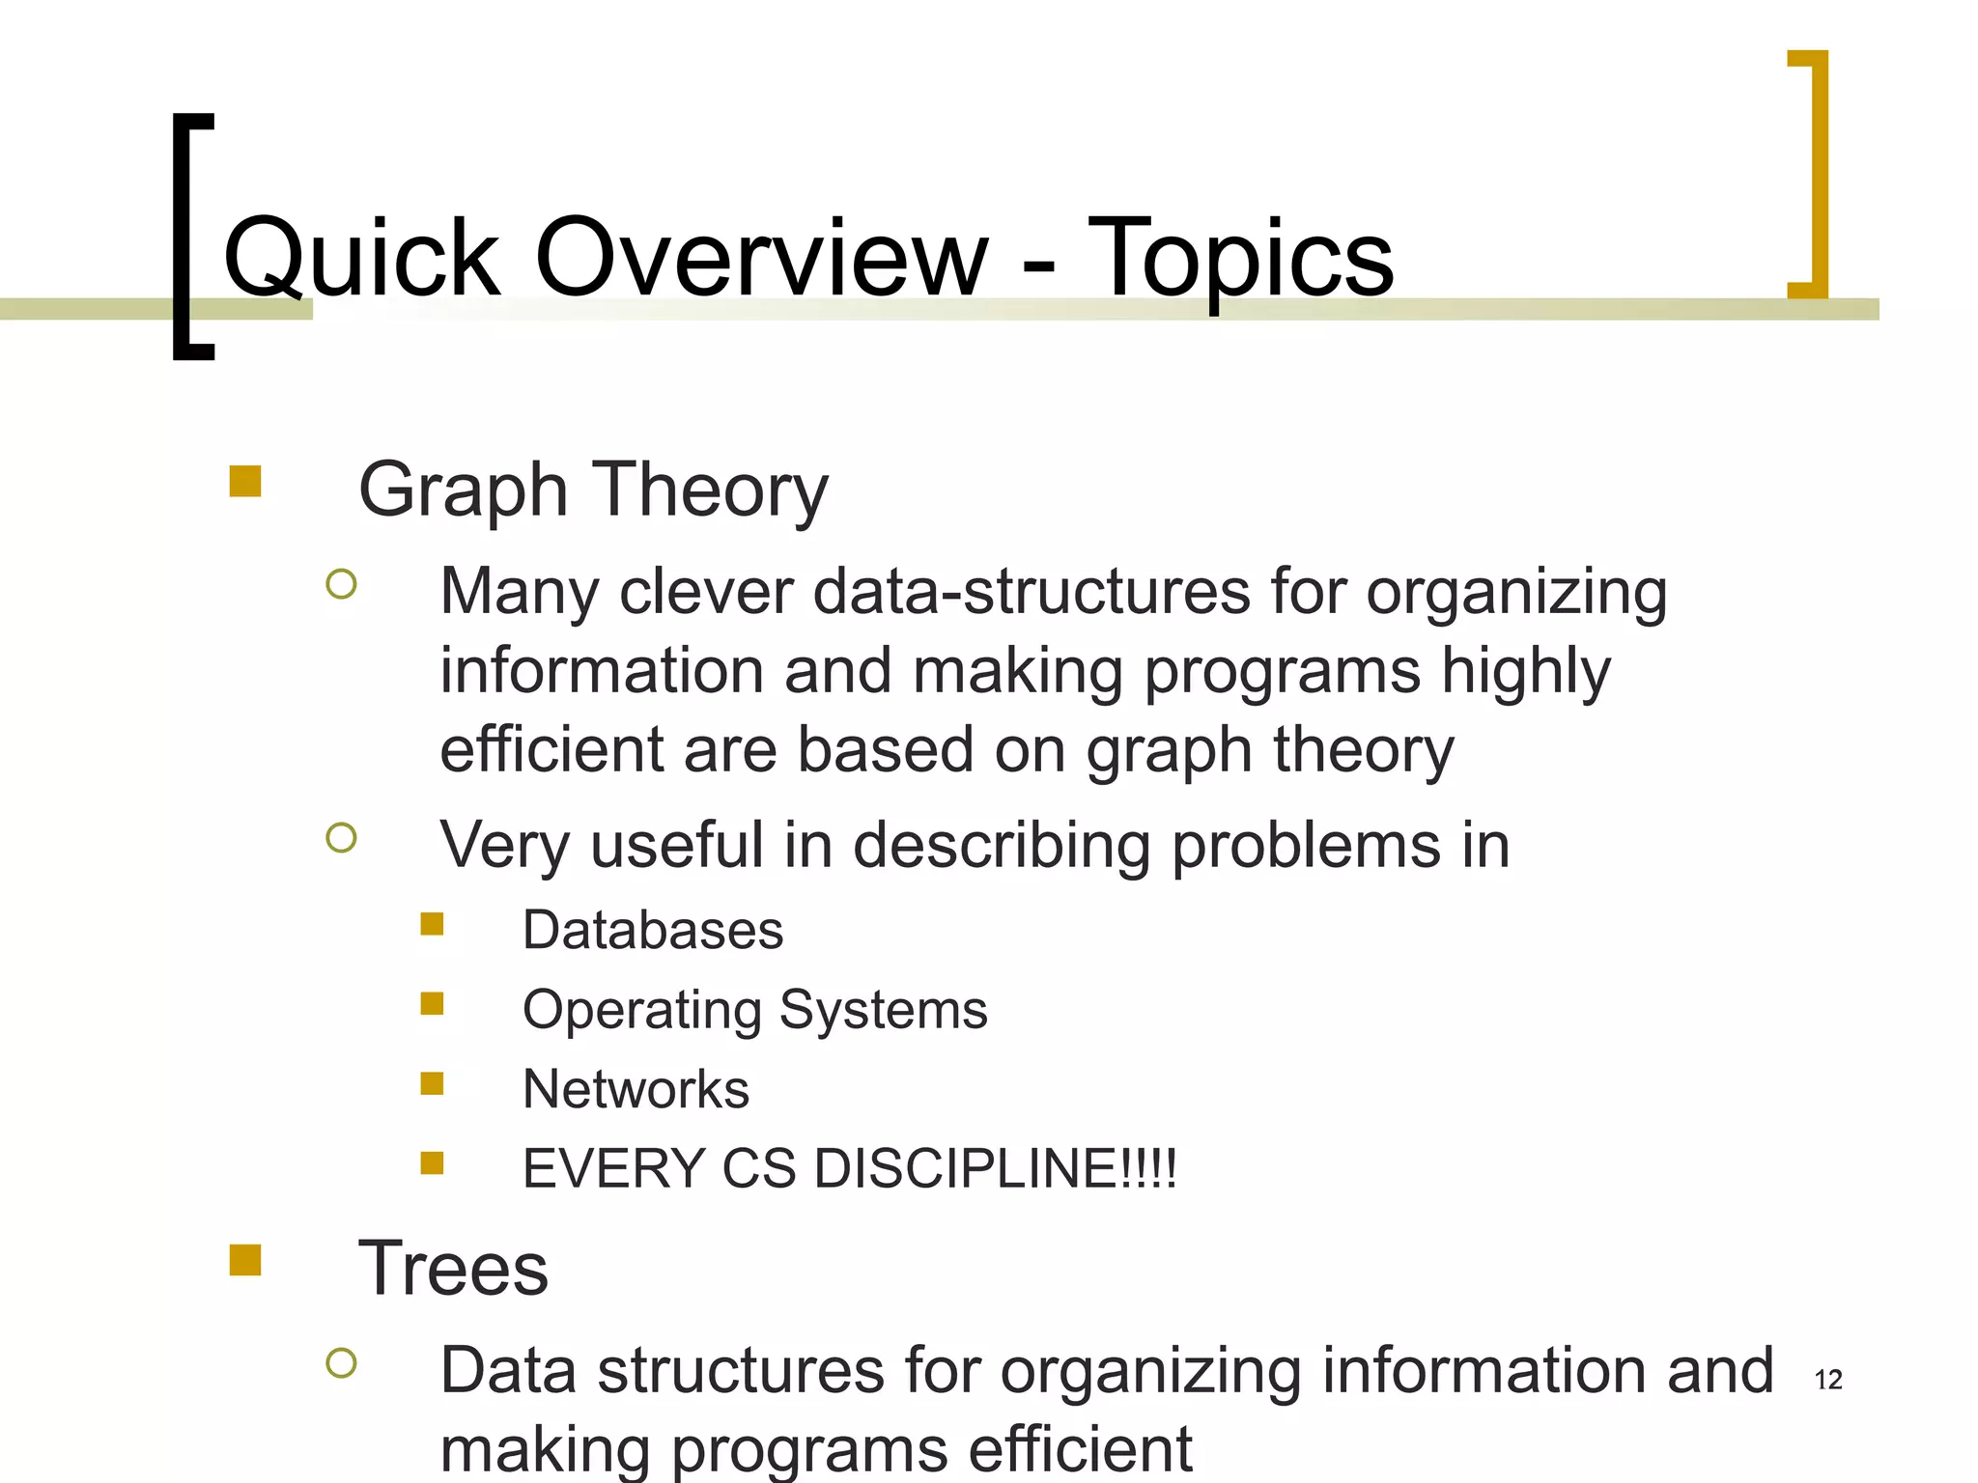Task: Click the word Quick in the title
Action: pyautogui.click(x=361, y=259)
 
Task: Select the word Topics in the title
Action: pyautogui.click(x=1241, y=259)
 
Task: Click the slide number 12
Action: pyautogui.click(x=1828, y=1380)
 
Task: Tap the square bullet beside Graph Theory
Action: pyautogui.click(x=245, y=482)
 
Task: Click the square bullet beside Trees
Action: pyautogui.click(x=245, y=1260)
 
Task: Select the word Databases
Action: pyautogui.click(x=653, y=930)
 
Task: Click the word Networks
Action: pyautogui.click(x=636, y=1089)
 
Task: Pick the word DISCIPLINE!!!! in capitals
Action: pyautogui.click(x=995, y=1168)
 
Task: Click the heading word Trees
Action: pyautogui.click(x=453, y=1268)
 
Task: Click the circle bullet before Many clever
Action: pyautogui.click(x=341, y=584)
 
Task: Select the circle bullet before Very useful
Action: pyautogui.click(x=341, y=837)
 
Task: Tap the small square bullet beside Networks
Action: pyautogui.click(x=432, y=1083)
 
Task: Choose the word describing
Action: pyautogui.click(x=1001, y=846)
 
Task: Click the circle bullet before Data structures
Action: pyautogui.click(x=341, y=1362)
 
